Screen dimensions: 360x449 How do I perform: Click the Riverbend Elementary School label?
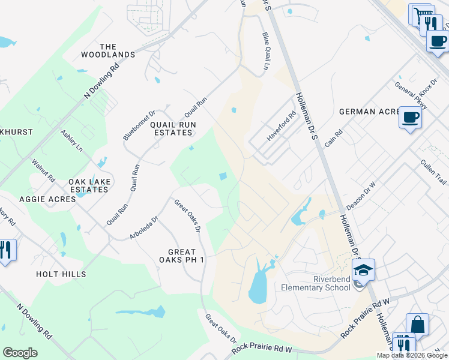[316, 283]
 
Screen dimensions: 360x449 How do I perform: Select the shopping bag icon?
[417, 324]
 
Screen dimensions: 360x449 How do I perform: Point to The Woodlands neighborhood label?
[109, 50]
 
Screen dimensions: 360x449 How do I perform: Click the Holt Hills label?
[61, 274]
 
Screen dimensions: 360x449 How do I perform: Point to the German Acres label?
[369, 112]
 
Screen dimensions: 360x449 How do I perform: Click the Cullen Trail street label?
[433, 172]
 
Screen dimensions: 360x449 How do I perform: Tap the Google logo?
[20, 353]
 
